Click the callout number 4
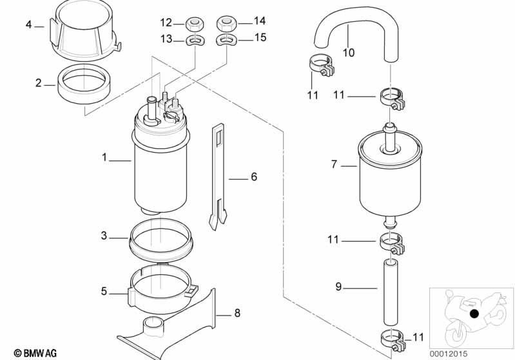(28, 24)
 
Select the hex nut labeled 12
(195, 24)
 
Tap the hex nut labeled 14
(226, 24)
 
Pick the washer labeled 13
(195, 40)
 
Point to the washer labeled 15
(226, 40)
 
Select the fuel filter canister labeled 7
(390, 174)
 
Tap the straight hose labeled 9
(390, 292)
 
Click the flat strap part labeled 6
(217, 176)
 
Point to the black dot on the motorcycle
(474, 314)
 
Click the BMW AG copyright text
(35, 353)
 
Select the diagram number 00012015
(449, 354)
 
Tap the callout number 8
(237, 313)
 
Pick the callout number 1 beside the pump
(104, 158)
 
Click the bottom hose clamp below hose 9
(393, 341)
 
